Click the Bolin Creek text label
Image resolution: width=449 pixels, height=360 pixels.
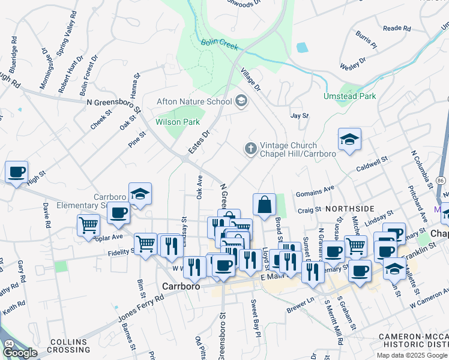click(x=220, y=44)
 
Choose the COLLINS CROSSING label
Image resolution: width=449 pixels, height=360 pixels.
click(x=70, y=345)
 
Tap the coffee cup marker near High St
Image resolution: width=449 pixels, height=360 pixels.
click(x=17, y=172)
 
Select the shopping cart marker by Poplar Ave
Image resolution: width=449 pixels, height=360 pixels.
click(x=88, y=226)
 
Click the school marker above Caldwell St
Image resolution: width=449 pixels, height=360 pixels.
click(x=349, y=140)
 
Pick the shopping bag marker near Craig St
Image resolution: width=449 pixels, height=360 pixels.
click(x=264, y=205)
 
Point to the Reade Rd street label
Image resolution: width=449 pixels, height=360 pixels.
click(x=396, y=28)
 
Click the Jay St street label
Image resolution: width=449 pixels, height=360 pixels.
click(x=298, y=115)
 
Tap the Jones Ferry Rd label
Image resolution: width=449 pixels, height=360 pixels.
click(x=142, y=306)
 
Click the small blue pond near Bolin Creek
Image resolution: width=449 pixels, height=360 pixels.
click(x=302, y=47)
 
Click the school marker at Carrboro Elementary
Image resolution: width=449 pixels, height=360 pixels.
click(x=140, y=194)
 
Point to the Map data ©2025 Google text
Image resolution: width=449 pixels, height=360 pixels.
click(x=412, y=355)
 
